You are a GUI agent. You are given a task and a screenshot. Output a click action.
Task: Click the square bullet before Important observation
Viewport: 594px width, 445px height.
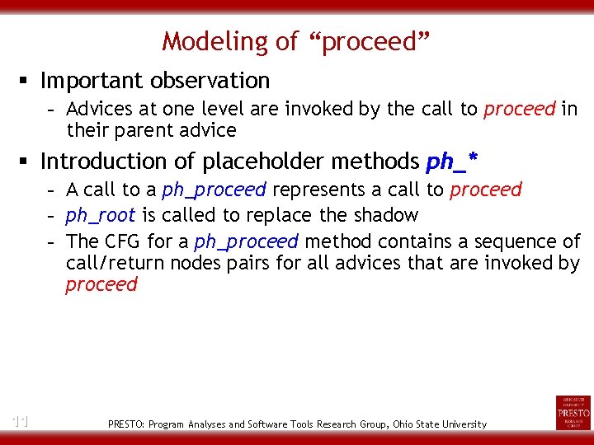(x=27, y=81)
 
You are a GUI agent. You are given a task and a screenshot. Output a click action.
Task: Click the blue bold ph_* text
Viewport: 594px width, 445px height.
(x=452, y=161)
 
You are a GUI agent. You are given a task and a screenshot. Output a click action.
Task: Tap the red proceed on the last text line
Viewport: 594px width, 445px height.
(x=101, y=285)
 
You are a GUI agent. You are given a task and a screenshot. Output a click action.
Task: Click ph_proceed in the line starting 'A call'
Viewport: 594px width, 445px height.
(x=214, y=190)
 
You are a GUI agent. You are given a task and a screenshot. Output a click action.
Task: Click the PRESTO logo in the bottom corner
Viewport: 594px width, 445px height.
(x=573, y=412)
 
